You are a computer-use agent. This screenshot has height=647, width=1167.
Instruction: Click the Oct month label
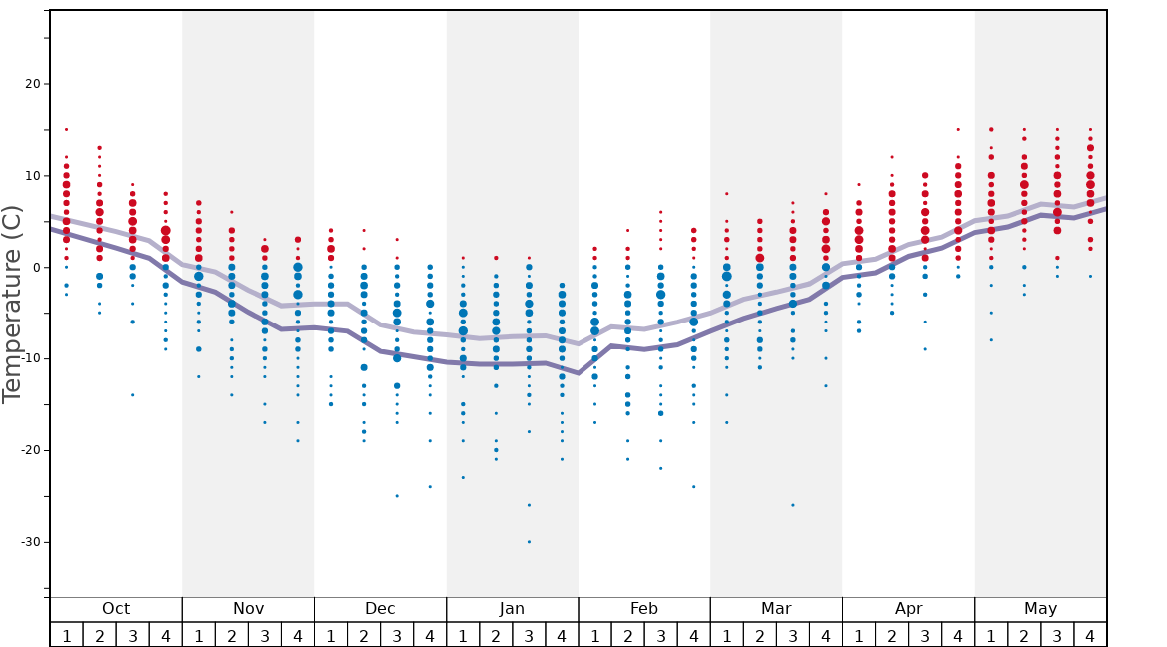[116, 609]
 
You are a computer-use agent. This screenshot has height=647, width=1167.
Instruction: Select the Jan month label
[512, 609]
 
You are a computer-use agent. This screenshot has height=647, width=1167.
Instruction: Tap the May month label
[1040, 609]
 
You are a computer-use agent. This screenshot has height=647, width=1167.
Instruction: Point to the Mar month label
[776, 609]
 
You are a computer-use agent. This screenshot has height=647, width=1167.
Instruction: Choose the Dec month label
[380, 609]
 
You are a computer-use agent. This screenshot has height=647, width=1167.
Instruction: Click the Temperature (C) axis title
[12, 305]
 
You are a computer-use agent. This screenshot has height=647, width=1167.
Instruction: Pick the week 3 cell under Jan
[529, 635]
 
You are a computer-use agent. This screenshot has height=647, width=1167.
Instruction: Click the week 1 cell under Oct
[66, 635]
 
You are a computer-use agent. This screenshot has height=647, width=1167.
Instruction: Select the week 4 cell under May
[1090, 635]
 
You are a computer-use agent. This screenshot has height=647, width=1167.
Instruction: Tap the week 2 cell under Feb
[627, 635]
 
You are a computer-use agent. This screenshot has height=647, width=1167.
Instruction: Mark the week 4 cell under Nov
[297, 635]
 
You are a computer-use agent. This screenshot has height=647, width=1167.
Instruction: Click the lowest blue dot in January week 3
[529, 542]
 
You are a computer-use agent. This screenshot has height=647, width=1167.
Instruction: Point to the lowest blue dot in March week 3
[793, 505]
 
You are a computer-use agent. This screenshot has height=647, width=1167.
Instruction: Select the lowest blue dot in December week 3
[397, 496]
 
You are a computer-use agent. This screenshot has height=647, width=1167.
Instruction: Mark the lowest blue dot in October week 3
[132, 395]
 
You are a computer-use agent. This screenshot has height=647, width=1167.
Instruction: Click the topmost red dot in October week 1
[66, 129]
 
